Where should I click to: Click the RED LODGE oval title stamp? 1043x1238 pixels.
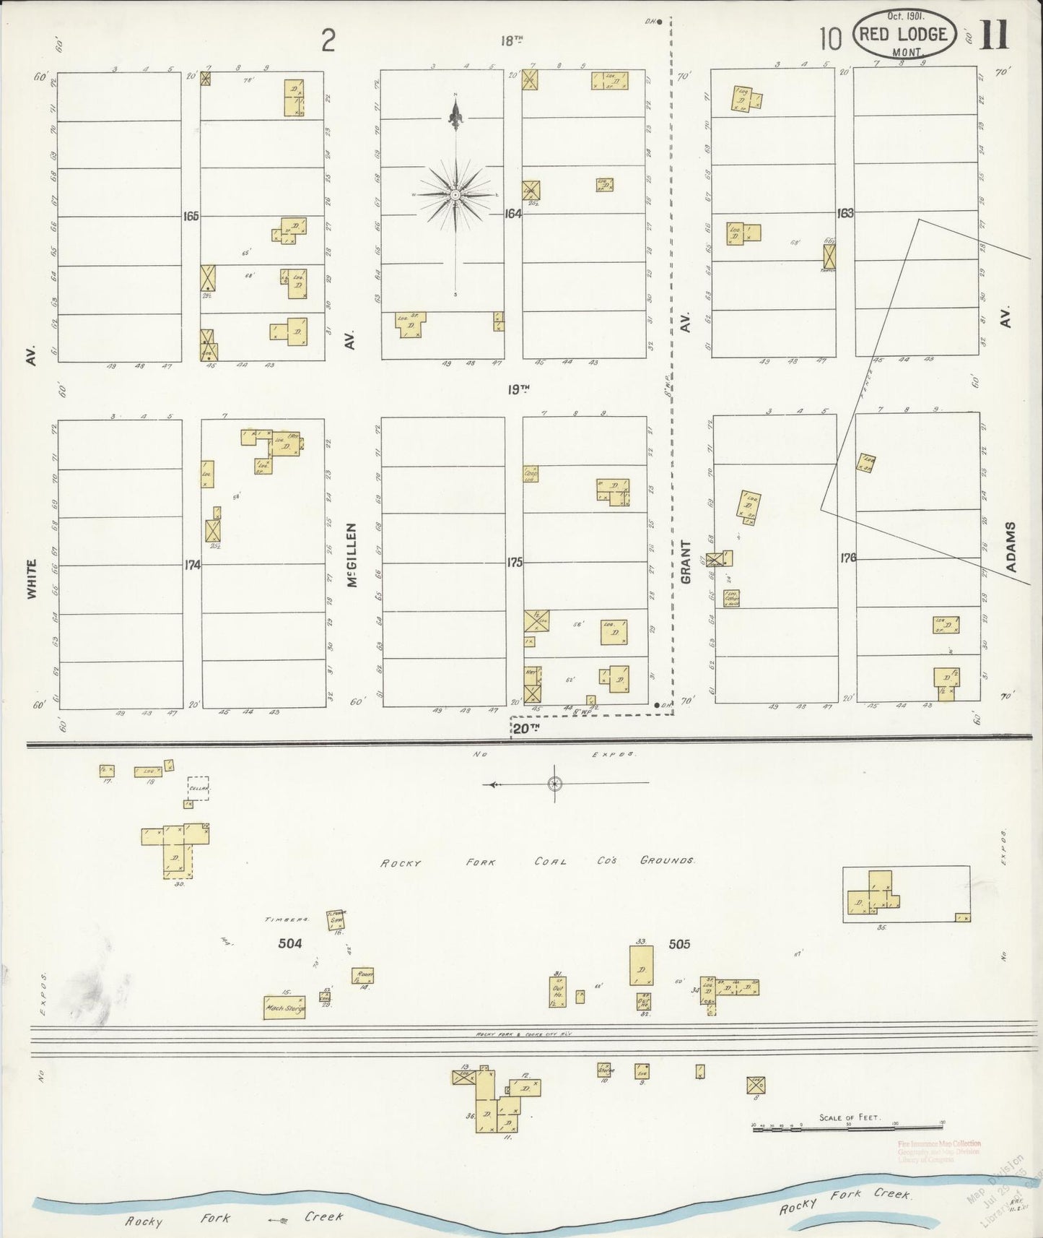pos(904,34)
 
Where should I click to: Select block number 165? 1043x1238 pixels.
pos(191,216)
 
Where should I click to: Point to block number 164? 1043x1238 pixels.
pos(512,214)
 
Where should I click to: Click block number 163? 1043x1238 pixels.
pos(845,213)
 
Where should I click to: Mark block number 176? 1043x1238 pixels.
pos(847,558)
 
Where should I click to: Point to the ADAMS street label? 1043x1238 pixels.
pos(1011,547)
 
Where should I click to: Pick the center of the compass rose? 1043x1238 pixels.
pos(455,195)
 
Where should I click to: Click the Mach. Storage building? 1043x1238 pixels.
pos(284,1008)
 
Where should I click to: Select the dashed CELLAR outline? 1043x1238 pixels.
pos(198,789)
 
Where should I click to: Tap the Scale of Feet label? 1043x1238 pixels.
pos(848,1117)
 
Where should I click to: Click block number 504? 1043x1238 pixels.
pos(290,943)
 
